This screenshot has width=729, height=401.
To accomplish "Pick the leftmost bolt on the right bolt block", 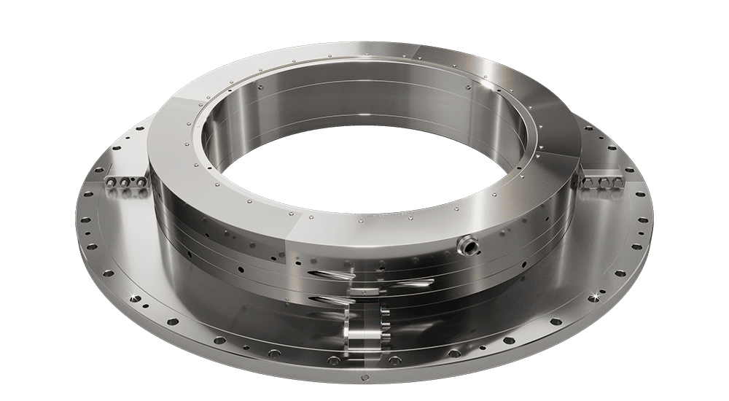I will point(596,180).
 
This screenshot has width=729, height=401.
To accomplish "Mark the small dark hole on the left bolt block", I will point(117,192).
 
